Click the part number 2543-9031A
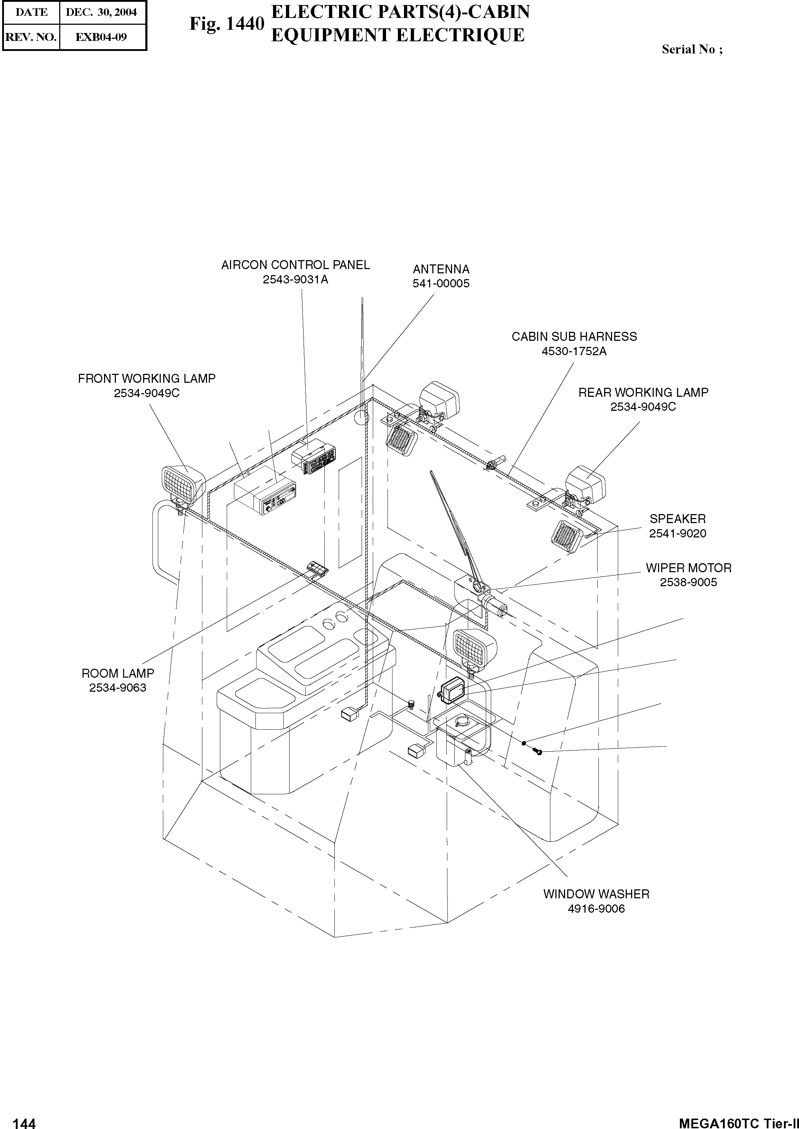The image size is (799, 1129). click(295, 280)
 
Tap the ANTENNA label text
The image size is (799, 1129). click(441, 269)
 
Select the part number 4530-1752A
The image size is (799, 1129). click(574, 351)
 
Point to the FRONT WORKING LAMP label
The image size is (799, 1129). click(147, 379)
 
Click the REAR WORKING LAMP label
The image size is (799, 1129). click(643, 392)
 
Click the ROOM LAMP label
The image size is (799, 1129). click(118, 673)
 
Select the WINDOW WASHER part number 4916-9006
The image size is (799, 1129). click(596, 909)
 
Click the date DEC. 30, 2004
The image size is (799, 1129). click(101, 12)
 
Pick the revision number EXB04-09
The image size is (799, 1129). click(101, 37)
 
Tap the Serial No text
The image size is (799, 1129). click(692, 49)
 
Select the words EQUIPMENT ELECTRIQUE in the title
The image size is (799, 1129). click(398, 36)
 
